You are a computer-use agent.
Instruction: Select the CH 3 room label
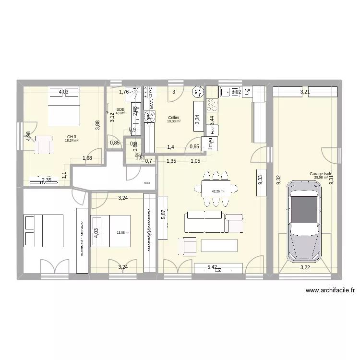[72, 136]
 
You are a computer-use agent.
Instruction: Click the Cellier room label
[174, 118]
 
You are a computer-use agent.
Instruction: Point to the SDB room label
[120, 109]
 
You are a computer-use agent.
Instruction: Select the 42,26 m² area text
[218, 191]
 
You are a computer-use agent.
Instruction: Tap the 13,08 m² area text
[123, 233]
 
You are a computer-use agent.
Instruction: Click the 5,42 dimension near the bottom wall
[212, 267]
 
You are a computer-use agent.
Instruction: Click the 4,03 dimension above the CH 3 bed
[64, 92]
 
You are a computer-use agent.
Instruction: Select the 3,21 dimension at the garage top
[305, 92]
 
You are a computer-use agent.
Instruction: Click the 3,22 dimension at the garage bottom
[305, 267]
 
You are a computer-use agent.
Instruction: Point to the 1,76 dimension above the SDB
[124, 92]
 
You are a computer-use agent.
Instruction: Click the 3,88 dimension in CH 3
[97, 125]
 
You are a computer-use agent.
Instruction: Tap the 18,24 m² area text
[72, 141]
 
